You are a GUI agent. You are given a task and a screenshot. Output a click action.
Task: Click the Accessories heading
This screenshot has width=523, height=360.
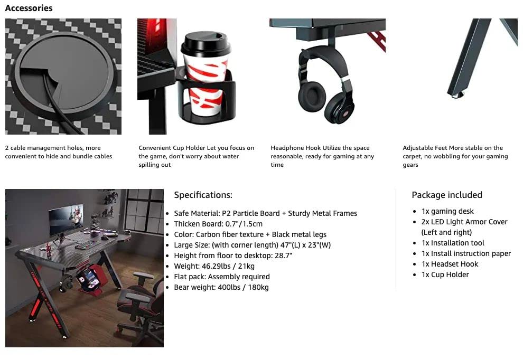tap(29, 8)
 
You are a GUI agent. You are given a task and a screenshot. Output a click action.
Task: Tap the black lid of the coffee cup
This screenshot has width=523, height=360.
tap(206, 44)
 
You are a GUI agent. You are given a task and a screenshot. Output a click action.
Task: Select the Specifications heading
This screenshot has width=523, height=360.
tap(203, 195)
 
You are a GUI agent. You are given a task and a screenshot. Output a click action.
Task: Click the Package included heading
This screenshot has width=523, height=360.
tap(447, 195)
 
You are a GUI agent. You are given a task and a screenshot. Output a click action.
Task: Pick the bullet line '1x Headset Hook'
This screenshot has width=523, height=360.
tap(450, 264)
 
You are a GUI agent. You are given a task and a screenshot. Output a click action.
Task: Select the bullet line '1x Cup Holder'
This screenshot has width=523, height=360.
tap(445, 274)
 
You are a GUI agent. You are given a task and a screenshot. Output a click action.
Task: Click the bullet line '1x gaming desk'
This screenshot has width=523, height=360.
tap(447, 211)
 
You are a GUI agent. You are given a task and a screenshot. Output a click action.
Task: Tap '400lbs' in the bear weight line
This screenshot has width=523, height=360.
tap(229, 287)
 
